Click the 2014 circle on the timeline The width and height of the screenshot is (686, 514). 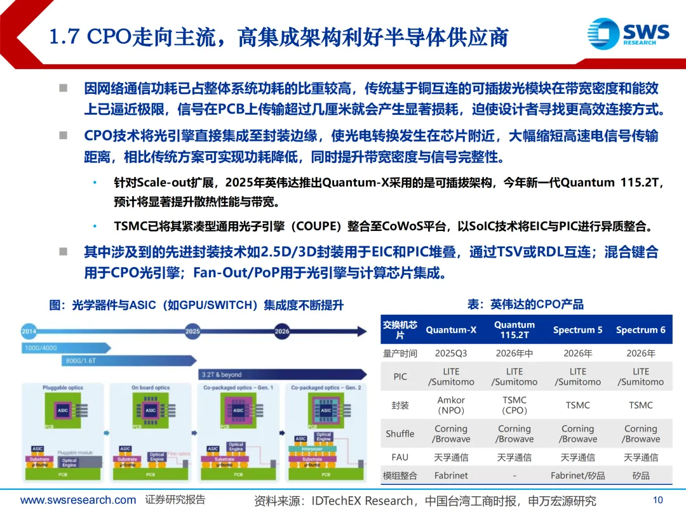pos(29,331)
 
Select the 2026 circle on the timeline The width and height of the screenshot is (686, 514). pos(282,331)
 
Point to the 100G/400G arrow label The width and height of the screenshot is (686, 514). pos(41,348)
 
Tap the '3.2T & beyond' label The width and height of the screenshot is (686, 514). pos(222,374)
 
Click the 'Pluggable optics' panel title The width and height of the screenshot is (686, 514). pos(63,388)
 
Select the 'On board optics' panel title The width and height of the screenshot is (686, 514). pos(151,388)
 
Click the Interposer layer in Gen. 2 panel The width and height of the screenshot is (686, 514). pos(313,448)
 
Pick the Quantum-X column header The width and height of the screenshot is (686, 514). pos(451,330)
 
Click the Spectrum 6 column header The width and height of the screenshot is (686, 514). pos(640,330)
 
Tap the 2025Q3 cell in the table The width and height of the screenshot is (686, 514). pos(451,353)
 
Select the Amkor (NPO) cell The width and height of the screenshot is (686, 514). pos(451,405)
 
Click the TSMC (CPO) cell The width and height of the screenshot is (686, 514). pos(514,405)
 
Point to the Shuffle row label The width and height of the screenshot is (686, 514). pos(400,434)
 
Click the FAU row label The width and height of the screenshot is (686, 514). pos(400,457)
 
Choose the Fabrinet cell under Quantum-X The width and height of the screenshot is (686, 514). pos(451,475)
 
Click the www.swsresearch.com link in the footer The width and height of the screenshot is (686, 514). pos(77,500)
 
